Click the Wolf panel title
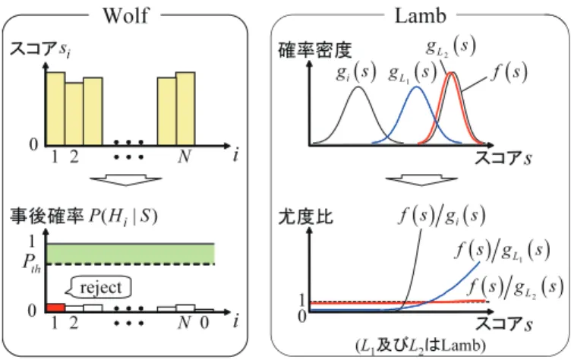click(x=126, y=15)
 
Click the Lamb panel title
click(x=421, y=15)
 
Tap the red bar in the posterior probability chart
click(x=55, y=308)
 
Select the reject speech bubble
click(x=99, y=288)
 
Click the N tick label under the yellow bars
click(x=185, y=156)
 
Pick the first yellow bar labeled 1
click(x=55, y=109)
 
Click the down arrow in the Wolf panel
click(x=126, y=181)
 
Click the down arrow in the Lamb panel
click(x=421, y=181)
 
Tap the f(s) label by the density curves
click(x=509, y=72)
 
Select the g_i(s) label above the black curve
click(x=356, y=72)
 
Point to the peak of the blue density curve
click(x=417, y=87)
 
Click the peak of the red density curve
click(x=451, y=73)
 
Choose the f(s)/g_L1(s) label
click(x=502, y=251)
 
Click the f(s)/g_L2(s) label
click(x=515, y=286)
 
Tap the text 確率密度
click(x=314, y=50)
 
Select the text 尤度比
click(x=305, y=216)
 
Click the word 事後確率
click(x=47, y=216)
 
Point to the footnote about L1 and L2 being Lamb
click(x=421, y=345)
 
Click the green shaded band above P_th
click(x=131, y=254)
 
